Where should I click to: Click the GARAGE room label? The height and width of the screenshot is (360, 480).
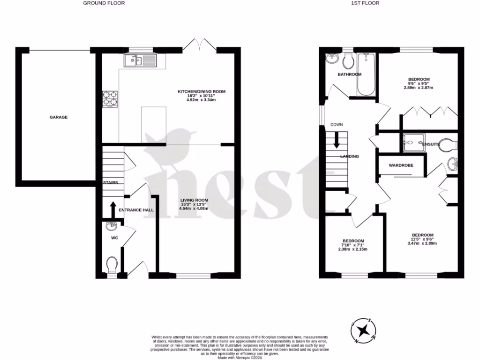pos(59,117)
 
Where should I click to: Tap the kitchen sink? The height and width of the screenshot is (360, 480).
pos(141,60)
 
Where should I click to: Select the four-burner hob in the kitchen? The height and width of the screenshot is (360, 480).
pos(110,98)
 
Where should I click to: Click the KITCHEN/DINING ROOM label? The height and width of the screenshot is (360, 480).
pos(201,91)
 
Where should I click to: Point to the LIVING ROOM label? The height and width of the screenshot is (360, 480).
pos(195,200)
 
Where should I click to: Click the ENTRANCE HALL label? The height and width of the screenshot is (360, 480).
pos(136,210)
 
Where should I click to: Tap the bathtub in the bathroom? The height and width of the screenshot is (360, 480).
pos(366,74)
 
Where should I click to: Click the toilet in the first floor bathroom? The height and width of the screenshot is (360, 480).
pos(348,60)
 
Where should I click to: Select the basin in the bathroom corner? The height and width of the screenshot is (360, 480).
pos(332,59)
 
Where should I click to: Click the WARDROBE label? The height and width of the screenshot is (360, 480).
pos(400,165)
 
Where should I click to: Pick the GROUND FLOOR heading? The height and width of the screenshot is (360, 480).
pos(104,3)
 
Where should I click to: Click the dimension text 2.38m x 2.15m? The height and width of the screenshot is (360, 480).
pos(353,249)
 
